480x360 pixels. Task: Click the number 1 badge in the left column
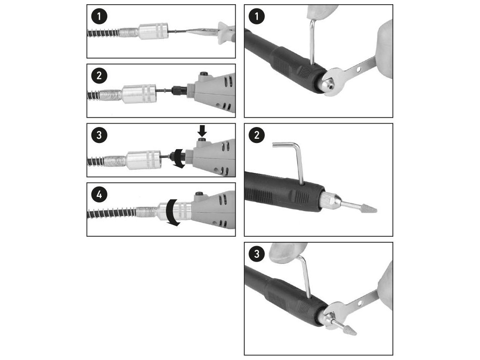99,16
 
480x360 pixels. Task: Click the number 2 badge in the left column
99,75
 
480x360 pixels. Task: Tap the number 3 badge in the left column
99,135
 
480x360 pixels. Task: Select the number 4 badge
99,195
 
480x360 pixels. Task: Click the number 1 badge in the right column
256,16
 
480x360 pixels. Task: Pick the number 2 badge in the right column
256,135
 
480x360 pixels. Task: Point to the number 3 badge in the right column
256,254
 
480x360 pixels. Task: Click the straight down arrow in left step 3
202,130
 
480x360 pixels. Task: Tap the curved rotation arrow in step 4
172,213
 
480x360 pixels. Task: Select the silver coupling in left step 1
153,31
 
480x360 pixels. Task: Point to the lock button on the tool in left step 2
202,75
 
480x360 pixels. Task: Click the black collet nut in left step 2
180,91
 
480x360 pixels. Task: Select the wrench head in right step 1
333,82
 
